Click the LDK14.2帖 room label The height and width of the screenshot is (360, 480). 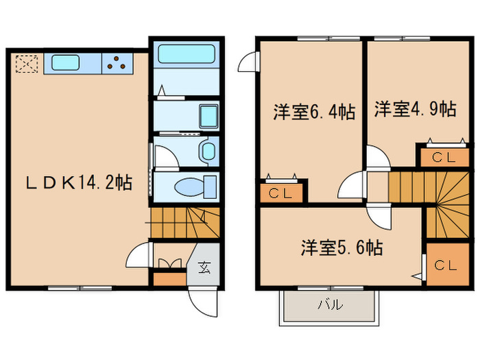[80, 183]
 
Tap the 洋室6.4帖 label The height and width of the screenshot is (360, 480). [314, 112]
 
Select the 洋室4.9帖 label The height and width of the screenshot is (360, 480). [415, 108]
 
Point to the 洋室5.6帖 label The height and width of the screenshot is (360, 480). [341, 248]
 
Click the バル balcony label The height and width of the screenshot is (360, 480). [329, 306]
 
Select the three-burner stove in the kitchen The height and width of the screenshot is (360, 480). [117, 64]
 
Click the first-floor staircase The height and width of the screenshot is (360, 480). [184, 224]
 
